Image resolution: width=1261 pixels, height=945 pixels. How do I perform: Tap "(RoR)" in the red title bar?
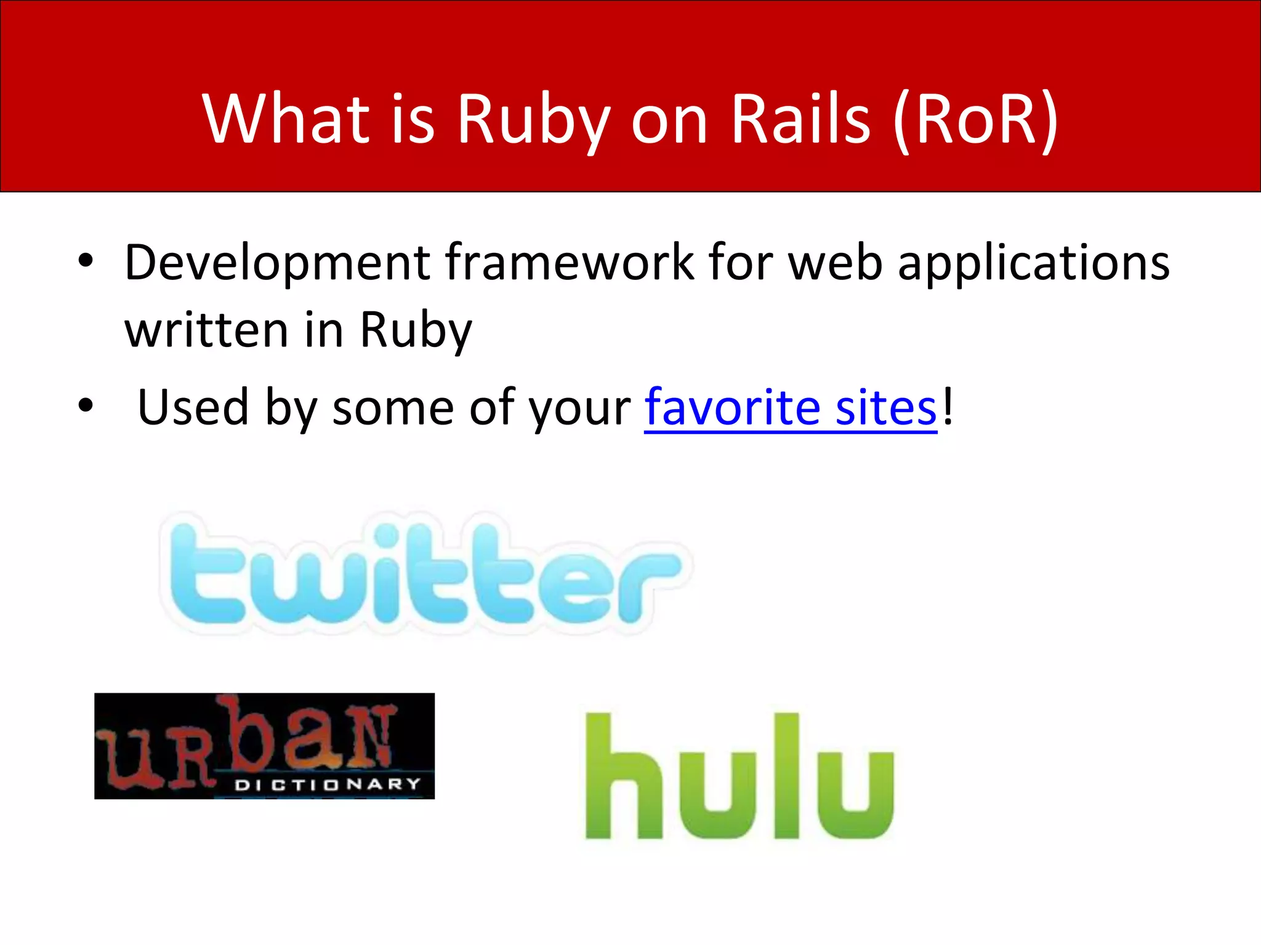coord(976,120)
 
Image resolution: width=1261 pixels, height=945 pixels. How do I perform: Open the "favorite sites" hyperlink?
coord(791,407)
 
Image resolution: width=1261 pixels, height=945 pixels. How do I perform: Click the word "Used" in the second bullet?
coord(193,407)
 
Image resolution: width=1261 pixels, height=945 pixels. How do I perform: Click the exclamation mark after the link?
coord(948,406)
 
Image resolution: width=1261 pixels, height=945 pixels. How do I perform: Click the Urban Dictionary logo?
coord(264,746)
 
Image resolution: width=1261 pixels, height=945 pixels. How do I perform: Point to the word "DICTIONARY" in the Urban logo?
coord(328,784)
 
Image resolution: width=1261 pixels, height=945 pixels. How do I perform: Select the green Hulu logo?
coord(739,776)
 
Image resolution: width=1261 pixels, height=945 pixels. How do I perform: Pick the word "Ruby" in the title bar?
coord(533,120)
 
